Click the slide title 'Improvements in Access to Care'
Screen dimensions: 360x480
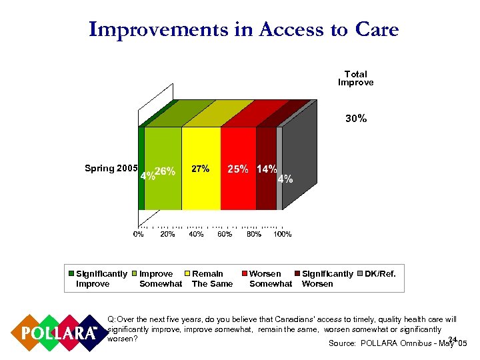point(243,30)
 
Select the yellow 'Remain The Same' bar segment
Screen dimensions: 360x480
point(201,193)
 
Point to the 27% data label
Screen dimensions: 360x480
point(201,169)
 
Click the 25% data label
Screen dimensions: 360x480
point(239,169)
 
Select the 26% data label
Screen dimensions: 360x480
point(165,171)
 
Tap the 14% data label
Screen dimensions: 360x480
point(267,169)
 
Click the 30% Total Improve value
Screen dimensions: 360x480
point(355,119)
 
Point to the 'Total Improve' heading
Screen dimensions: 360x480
point(355,78)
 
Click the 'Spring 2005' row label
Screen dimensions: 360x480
point(111,168)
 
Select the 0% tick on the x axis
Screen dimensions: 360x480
point(139,234)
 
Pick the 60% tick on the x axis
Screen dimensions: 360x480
point(225,234)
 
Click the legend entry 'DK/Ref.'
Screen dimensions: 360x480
point(380,274)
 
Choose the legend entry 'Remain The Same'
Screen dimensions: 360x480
point(211,279)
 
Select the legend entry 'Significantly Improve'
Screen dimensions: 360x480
point(100,279)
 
